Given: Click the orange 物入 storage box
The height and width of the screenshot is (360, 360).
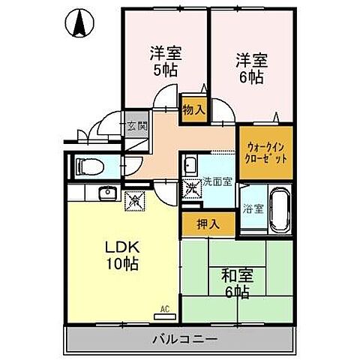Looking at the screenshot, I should [x=193, y=109].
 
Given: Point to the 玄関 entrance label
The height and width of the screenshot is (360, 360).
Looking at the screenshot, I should [x=136, y=126].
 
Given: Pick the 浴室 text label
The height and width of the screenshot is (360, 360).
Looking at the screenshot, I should [x=252, y=209].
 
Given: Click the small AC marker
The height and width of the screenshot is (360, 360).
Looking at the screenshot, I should [x=166, y=308].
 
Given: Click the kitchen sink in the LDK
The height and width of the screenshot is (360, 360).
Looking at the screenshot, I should [x=107, y=193].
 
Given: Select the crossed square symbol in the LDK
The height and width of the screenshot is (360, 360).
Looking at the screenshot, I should [x=136, y=199].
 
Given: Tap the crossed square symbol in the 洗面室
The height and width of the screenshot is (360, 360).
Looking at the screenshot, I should [x=191, y=185].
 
